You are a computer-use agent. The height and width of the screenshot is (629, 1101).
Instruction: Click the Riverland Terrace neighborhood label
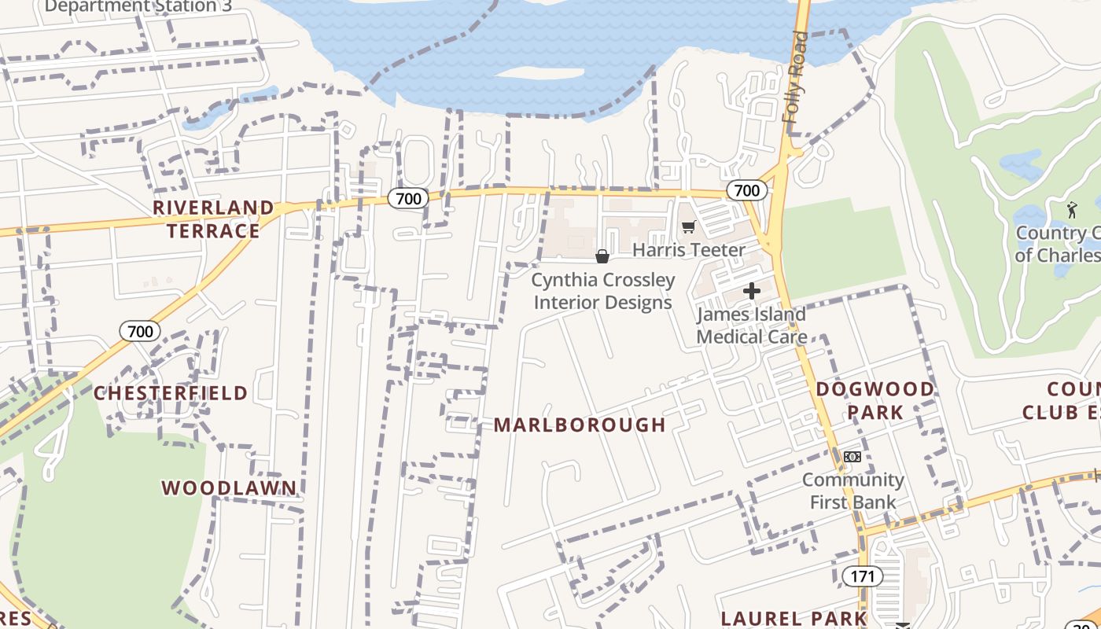(x=213, y=219)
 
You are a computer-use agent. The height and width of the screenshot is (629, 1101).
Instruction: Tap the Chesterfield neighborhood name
(x=171, y=393)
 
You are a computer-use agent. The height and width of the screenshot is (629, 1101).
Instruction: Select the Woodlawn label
(x=230, y=488)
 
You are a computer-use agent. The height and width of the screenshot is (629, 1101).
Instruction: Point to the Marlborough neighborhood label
(x=580, y=425)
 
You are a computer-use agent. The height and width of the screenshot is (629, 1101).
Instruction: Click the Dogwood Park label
(x=875, y=400)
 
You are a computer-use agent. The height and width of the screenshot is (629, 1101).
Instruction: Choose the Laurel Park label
(x=794, y=618)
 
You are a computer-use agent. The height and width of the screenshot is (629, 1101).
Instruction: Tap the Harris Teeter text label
(x=689, y=250)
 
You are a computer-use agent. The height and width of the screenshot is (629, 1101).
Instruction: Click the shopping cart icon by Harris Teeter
(x=689, y=227)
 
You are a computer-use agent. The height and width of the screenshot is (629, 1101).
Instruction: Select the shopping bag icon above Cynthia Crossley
(x=602, y=256)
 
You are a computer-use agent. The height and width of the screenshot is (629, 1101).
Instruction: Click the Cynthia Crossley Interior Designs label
(x=603, y=291)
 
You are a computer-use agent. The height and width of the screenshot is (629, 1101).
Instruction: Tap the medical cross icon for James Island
(x=752, y=292)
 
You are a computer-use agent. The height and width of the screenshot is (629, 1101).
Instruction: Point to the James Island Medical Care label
(x=752, y=326)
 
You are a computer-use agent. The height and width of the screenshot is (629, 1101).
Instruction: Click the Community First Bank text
(x=852, y=491)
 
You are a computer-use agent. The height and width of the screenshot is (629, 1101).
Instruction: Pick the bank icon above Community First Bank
(x=852, y=457)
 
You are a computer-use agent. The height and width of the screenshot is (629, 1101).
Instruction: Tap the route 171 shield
(x=863, y=576)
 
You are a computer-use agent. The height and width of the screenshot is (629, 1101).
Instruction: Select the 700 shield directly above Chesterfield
(x=140, y=331)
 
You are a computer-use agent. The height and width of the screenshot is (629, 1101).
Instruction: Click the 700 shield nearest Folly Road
(x=746, y=190)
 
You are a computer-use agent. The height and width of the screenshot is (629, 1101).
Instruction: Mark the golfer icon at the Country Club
(x=1072, y=210)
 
